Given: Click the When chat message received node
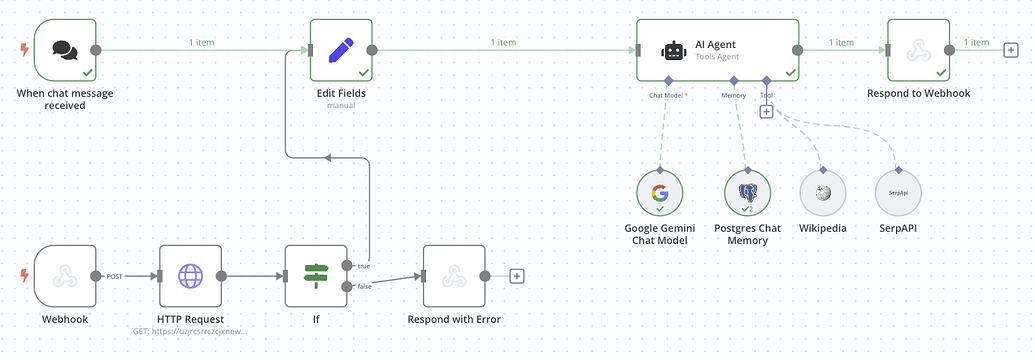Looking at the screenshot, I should [x=65, y=50].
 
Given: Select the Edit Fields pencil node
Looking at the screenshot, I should [x=341, y=50].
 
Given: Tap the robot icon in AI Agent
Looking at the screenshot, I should [x=674, y=50].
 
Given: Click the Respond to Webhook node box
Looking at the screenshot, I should [x=918, y=50].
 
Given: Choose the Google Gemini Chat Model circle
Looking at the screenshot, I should [x=659, y=193].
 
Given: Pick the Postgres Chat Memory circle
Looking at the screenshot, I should [x=748, y=193].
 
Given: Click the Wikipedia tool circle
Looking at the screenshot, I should [x=822, y=193].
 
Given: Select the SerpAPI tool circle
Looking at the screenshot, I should [x=898, y=193].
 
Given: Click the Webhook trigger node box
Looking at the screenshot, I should [x=65, y=275].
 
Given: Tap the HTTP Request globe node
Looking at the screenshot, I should [x=190, y=275].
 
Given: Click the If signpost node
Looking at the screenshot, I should [x=317, y=275].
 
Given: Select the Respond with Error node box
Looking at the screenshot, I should [x=453, y=275].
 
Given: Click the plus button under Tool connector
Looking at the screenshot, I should [x=766, y=112].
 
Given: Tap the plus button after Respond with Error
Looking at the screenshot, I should [x=517, y=276].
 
